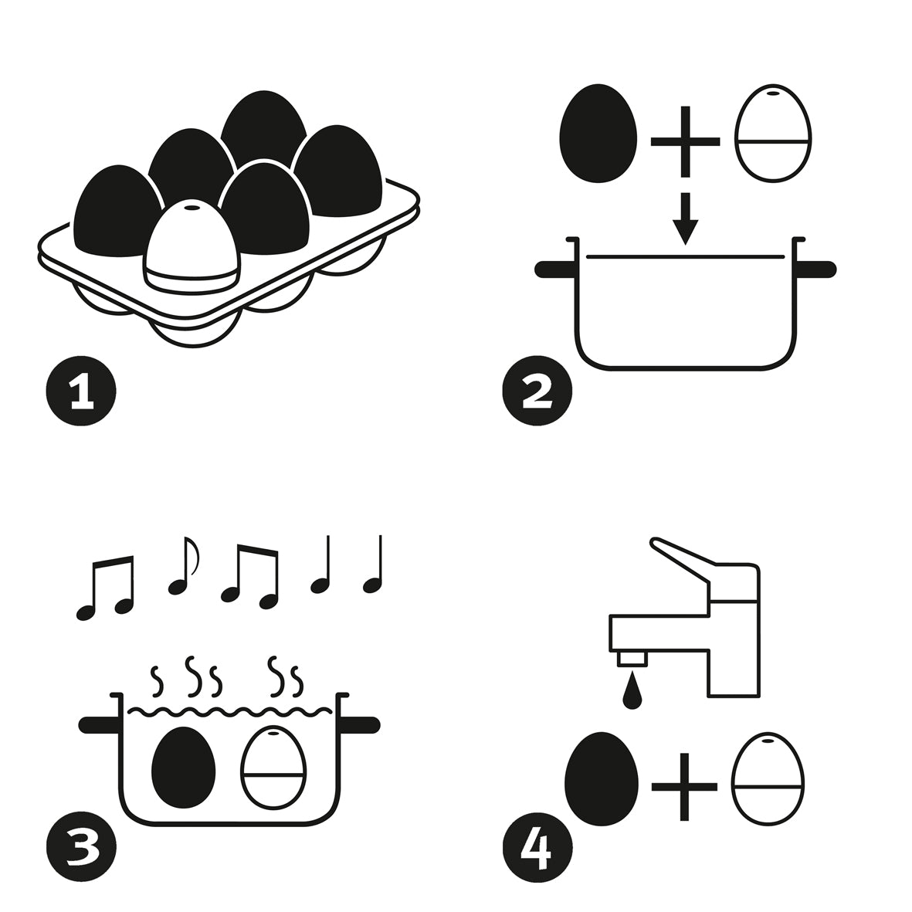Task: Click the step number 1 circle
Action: (81, 391)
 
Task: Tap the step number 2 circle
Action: (537, 391)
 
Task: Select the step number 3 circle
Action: (81, 847)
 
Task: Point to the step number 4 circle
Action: (537, 847)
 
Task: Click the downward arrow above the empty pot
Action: (685, 219)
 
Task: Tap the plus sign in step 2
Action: (685, 141)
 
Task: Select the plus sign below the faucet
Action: (684, 786)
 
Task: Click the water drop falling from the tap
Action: (632, 690)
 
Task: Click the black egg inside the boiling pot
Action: (183, 767)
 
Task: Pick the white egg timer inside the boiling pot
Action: (273, 767)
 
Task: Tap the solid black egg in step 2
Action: (598, 134)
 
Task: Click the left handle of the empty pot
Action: (555, 270)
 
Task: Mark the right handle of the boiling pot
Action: (360, 725)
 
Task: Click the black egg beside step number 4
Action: (602, 779)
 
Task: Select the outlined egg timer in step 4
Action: (767, 779)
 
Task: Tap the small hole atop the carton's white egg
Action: (191, 208)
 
